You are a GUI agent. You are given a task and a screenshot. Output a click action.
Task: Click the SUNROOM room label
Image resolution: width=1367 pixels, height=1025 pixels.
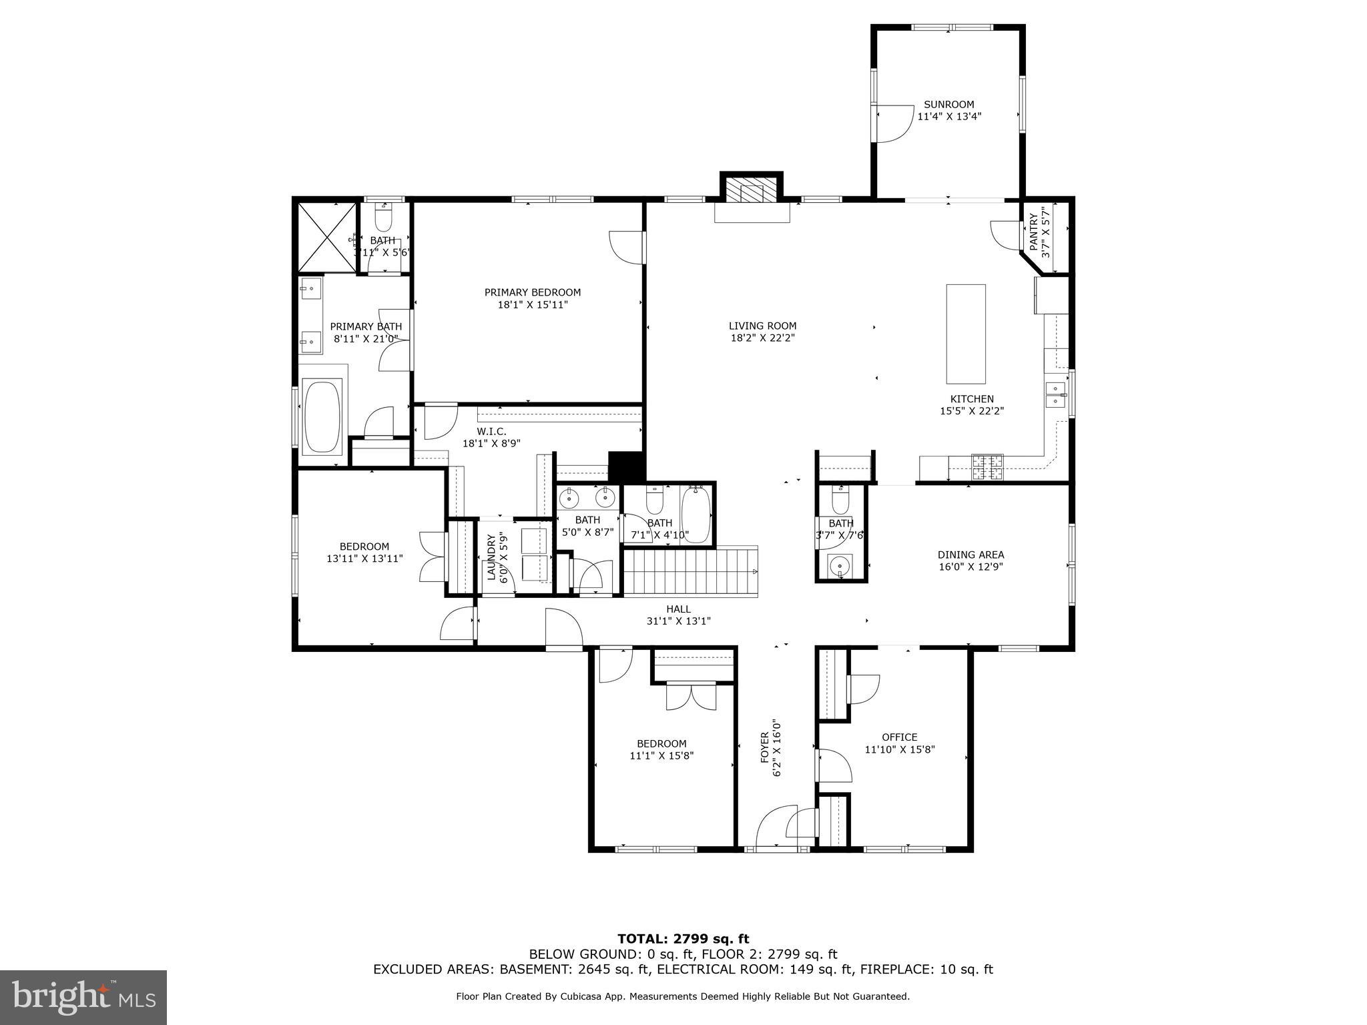click(948, 104)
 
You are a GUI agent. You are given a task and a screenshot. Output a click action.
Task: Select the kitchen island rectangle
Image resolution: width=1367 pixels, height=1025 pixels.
click(965, 333)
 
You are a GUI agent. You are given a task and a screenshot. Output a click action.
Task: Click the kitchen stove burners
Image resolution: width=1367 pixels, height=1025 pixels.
click(987, 467)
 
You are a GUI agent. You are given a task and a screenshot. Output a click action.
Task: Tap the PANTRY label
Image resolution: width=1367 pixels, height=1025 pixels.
click(1034, 232)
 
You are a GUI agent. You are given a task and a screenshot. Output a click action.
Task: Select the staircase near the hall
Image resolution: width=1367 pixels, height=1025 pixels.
click(690, 571)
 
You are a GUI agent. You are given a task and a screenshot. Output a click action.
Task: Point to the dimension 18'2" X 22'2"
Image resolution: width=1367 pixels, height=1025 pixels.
click(762, 338)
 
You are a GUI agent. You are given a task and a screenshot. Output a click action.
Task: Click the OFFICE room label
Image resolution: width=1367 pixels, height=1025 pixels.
click(899, 737)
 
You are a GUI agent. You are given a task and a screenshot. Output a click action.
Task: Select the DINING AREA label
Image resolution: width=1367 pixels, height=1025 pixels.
click(971, 555)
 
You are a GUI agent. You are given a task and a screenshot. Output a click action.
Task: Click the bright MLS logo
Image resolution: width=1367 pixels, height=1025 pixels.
click(83, 998)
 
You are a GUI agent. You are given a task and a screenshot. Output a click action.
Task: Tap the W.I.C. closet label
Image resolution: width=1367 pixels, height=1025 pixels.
click(491, 431)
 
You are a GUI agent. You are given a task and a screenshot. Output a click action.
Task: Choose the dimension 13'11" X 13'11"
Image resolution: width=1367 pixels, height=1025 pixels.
click(364, 559)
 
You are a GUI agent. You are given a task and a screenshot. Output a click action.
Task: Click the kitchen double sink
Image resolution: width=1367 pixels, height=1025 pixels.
click(1056, 394)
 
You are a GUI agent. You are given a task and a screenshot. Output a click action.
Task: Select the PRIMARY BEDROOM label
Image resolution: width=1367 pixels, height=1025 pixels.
click(532, 292)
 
